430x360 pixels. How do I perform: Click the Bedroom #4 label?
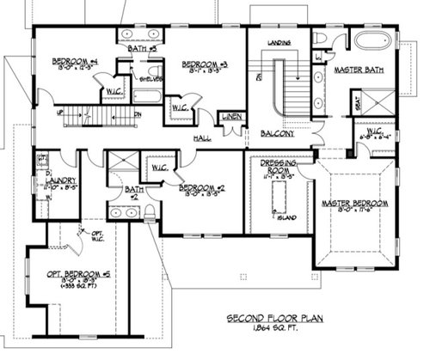click(x=75, y=61)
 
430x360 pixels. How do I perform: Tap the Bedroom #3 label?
click(x=206, y=64)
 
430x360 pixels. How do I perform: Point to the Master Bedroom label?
click(x=354, y=204)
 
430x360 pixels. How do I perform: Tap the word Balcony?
click(x=278, y=134)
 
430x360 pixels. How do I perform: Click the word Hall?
click(x=202, y=137)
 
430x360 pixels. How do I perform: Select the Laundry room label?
click(x=61, y=180)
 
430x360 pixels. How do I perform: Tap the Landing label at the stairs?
click(x=278, y=41)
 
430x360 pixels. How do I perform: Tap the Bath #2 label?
click(x=132, y=191)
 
